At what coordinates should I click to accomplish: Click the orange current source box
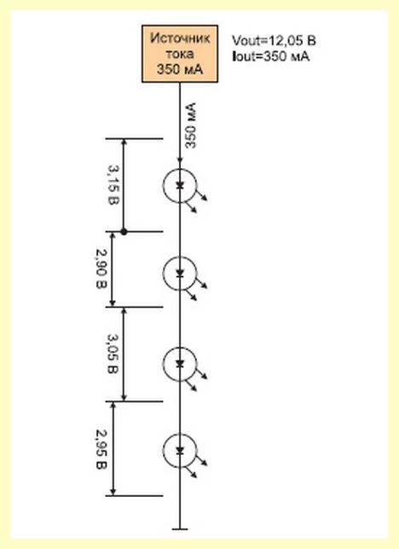[180, 54]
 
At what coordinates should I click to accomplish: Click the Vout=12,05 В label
[274, 41]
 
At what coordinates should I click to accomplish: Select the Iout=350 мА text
[270, 56]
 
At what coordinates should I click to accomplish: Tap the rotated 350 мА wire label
[191, 126]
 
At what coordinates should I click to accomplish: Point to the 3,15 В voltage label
[113, 185]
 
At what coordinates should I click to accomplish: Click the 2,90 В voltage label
[101, 269]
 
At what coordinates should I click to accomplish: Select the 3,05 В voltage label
[113, 354]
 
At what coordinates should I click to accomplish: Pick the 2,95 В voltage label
[101, 449]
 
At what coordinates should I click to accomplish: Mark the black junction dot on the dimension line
[124, 231]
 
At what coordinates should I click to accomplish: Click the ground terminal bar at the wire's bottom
[180, 529]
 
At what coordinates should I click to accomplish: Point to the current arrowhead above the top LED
[180, 161]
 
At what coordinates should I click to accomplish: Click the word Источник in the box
[180, 38]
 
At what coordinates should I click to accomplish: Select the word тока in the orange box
[180, 54]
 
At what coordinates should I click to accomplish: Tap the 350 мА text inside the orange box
[180, 69]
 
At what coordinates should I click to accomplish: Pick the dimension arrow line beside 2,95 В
[113, 448]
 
